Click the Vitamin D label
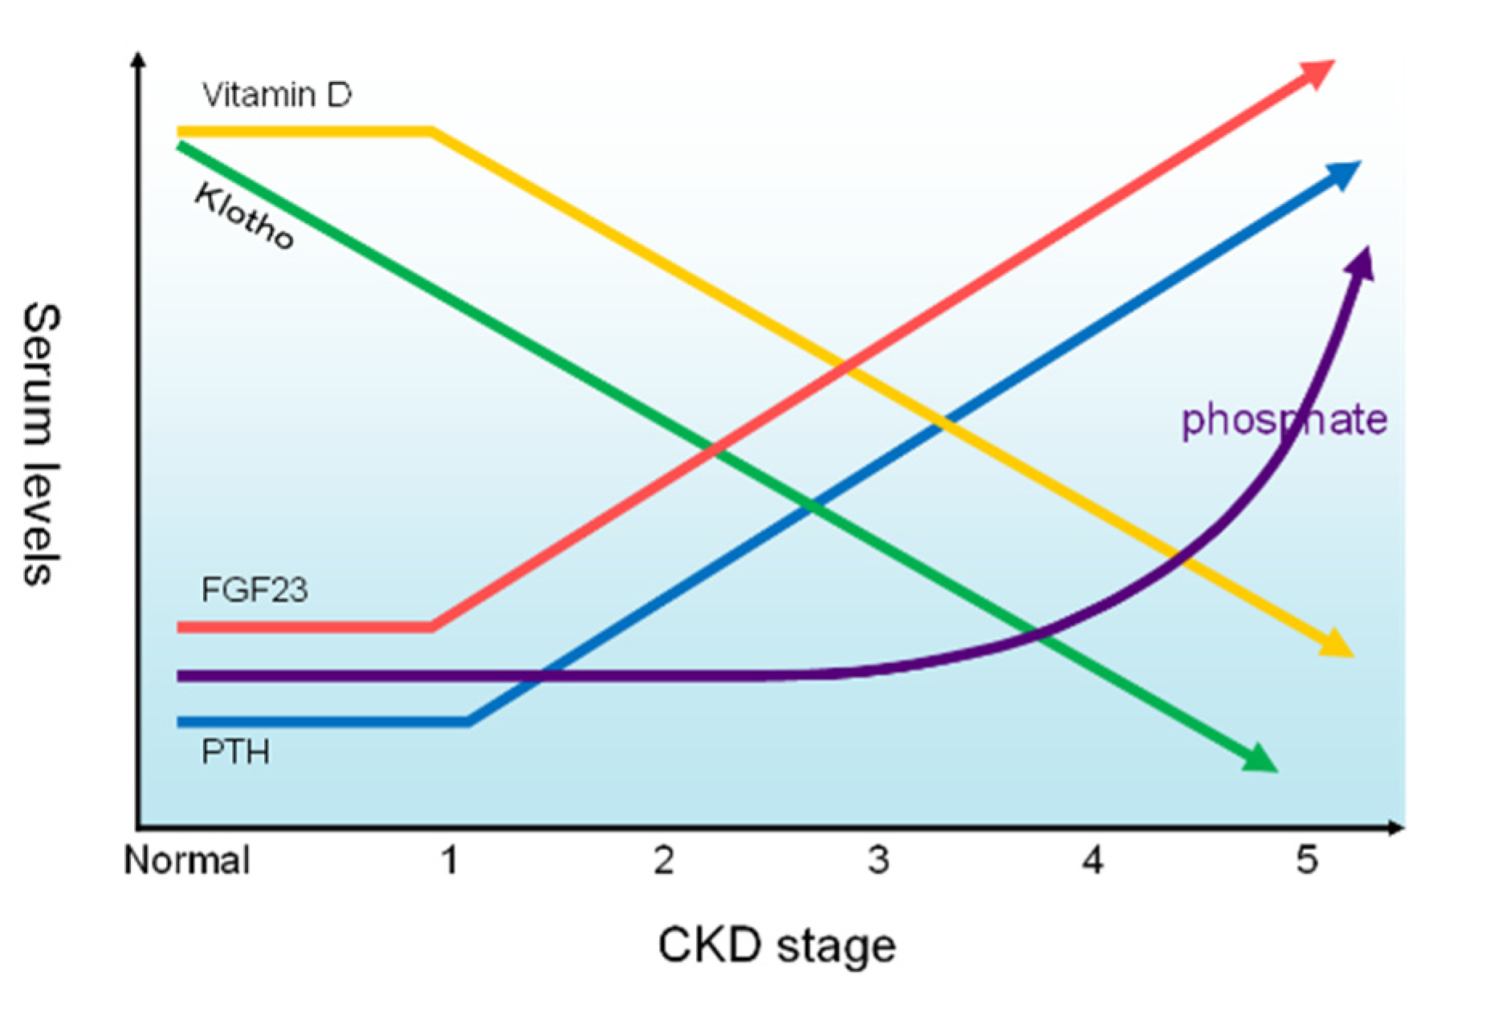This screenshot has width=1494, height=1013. pos(276,96)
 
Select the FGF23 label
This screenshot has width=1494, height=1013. pos(254,590)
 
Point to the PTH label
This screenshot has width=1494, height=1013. pos(235,752)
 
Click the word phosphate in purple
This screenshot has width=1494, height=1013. pos(1284,419)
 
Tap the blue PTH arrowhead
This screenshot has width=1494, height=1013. pos(1345,174)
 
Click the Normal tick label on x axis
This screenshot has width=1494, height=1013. pos(186,860)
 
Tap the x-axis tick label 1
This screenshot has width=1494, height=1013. pos(450,860)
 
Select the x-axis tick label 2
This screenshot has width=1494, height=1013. pos(664,860)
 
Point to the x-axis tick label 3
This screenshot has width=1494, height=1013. pos(878,860)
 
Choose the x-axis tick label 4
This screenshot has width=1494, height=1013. pos(1093,860)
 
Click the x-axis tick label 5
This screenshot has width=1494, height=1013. pos(1307,860)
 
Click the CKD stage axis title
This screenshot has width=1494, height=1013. pos(776,945)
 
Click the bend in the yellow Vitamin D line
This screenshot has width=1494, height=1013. pos(433,131)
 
